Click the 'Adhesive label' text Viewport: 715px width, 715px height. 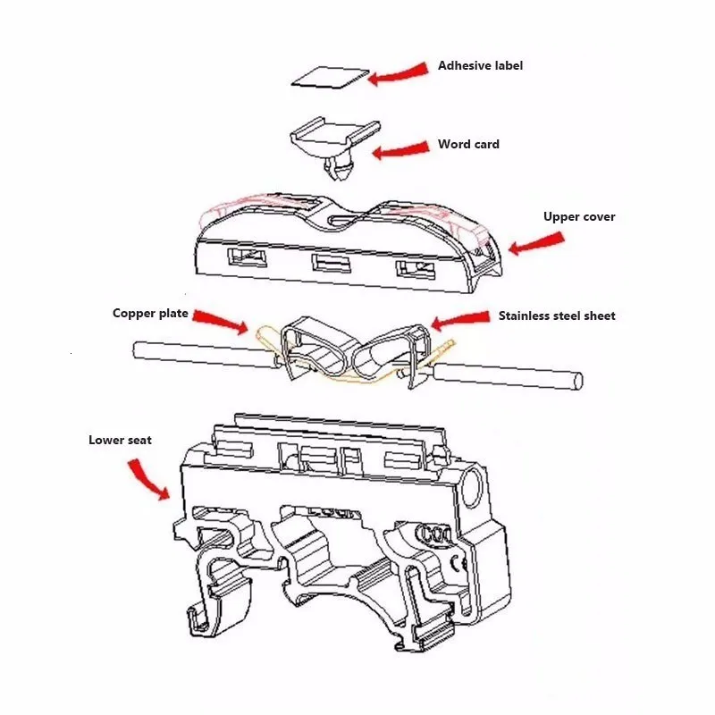coord(480,66)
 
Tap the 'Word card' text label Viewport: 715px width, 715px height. coord(468,145)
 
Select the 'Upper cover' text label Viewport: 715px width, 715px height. coord(579,217)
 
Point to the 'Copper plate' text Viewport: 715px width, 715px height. coord(149,314)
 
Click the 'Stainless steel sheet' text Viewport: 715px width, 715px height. coord(557,315)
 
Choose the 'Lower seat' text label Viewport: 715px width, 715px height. coord(120,440)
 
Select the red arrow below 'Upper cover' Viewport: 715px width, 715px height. coord(536,242)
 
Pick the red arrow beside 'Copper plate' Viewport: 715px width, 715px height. coord(220,319)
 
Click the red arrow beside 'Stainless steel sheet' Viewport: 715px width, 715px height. coord(460,319)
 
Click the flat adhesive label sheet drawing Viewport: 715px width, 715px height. coord(330,78)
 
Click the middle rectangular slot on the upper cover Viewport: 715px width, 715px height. coord(327,264)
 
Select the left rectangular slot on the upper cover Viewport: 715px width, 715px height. coord(248,258)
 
